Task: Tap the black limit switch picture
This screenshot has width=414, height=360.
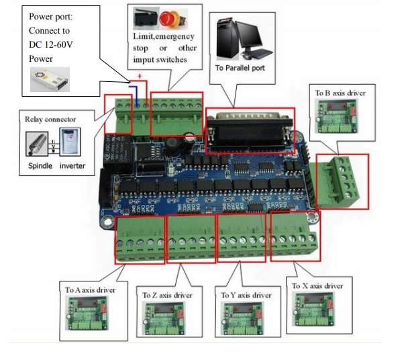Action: [x=146, y=18]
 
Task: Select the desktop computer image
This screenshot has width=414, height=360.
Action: [x=244, y=39]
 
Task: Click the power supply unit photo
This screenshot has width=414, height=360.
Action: [x=50, y=79]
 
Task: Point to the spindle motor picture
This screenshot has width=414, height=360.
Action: [x=37, y=144]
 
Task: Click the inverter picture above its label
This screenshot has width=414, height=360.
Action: [x=70, y=142]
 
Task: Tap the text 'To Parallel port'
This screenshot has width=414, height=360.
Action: [x=240, y=68]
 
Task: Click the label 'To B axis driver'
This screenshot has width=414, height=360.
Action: [x=340, y=93]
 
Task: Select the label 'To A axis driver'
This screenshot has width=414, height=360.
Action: [x=90, y=290]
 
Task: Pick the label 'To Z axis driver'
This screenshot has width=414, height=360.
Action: [x=167, y=295]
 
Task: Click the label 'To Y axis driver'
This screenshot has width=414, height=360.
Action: [x=246, y=295]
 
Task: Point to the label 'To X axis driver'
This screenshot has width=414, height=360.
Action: [x=317, y=285]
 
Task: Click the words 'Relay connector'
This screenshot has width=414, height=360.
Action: [x=50, y=119]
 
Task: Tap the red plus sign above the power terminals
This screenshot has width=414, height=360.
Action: [x=140, y=76]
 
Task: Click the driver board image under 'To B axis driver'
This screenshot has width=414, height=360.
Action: [x=337, y=116]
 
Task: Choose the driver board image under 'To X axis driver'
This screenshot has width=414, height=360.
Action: [x=314, y=309]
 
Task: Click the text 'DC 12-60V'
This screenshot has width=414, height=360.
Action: [x=51, y=44]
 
